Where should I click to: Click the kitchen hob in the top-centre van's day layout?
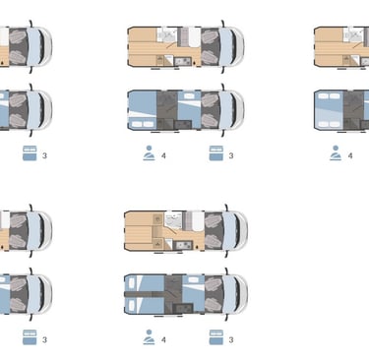coord(183,61)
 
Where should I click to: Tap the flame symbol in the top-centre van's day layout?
coord(195,62)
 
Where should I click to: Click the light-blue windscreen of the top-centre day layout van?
coord(226,46)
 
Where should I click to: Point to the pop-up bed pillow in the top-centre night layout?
coord(190,96)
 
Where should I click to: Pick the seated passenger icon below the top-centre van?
coord(149,153)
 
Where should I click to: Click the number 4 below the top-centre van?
coord(163,155)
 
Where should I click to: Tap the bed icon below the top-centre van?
coord(216,153)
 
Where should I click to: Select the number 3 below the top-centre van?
coord(231,155)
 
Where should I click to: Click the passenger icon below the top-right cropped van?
coord(336,153)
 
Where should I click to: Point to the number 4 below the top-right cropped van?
coord(350,155)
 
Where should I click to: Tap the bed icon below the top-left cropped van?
coord(30,153)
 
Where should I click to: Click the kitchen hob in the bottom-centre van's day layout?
coord(183,245)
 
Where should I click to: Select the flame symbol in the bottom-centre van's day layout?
coord(197,246)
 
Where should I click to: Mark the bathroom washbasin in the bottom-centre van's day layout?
coord(173,220)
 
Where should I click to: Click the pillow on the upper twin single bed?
coord(132,283)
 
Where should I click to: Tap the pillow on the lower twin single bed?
coord(132,305)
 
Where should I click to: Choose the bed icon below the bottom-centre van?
coord(216,337)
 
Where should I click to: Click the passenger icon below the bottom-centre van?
coord(149,337)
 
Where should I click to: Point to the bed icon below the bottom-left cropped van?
coord(30,337)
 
